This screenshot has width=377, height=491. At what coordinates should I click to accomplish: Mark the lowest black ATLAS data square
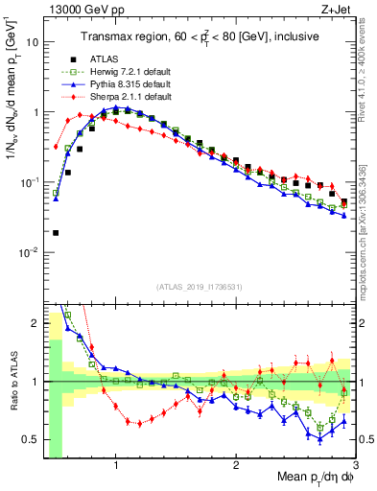click(57, 232)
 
